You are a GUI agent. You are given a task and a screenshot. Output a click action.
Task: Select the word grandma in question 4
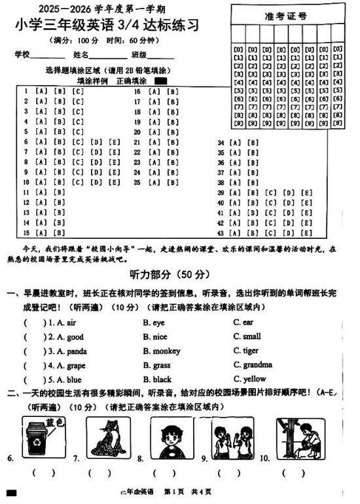pos(257,365)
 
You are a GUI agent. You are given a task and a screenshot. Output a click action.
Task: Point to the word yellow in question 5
pos(255,379)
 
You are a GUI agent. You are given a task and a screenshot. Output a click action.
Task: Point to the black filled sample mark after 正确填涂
pos(160,81)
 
